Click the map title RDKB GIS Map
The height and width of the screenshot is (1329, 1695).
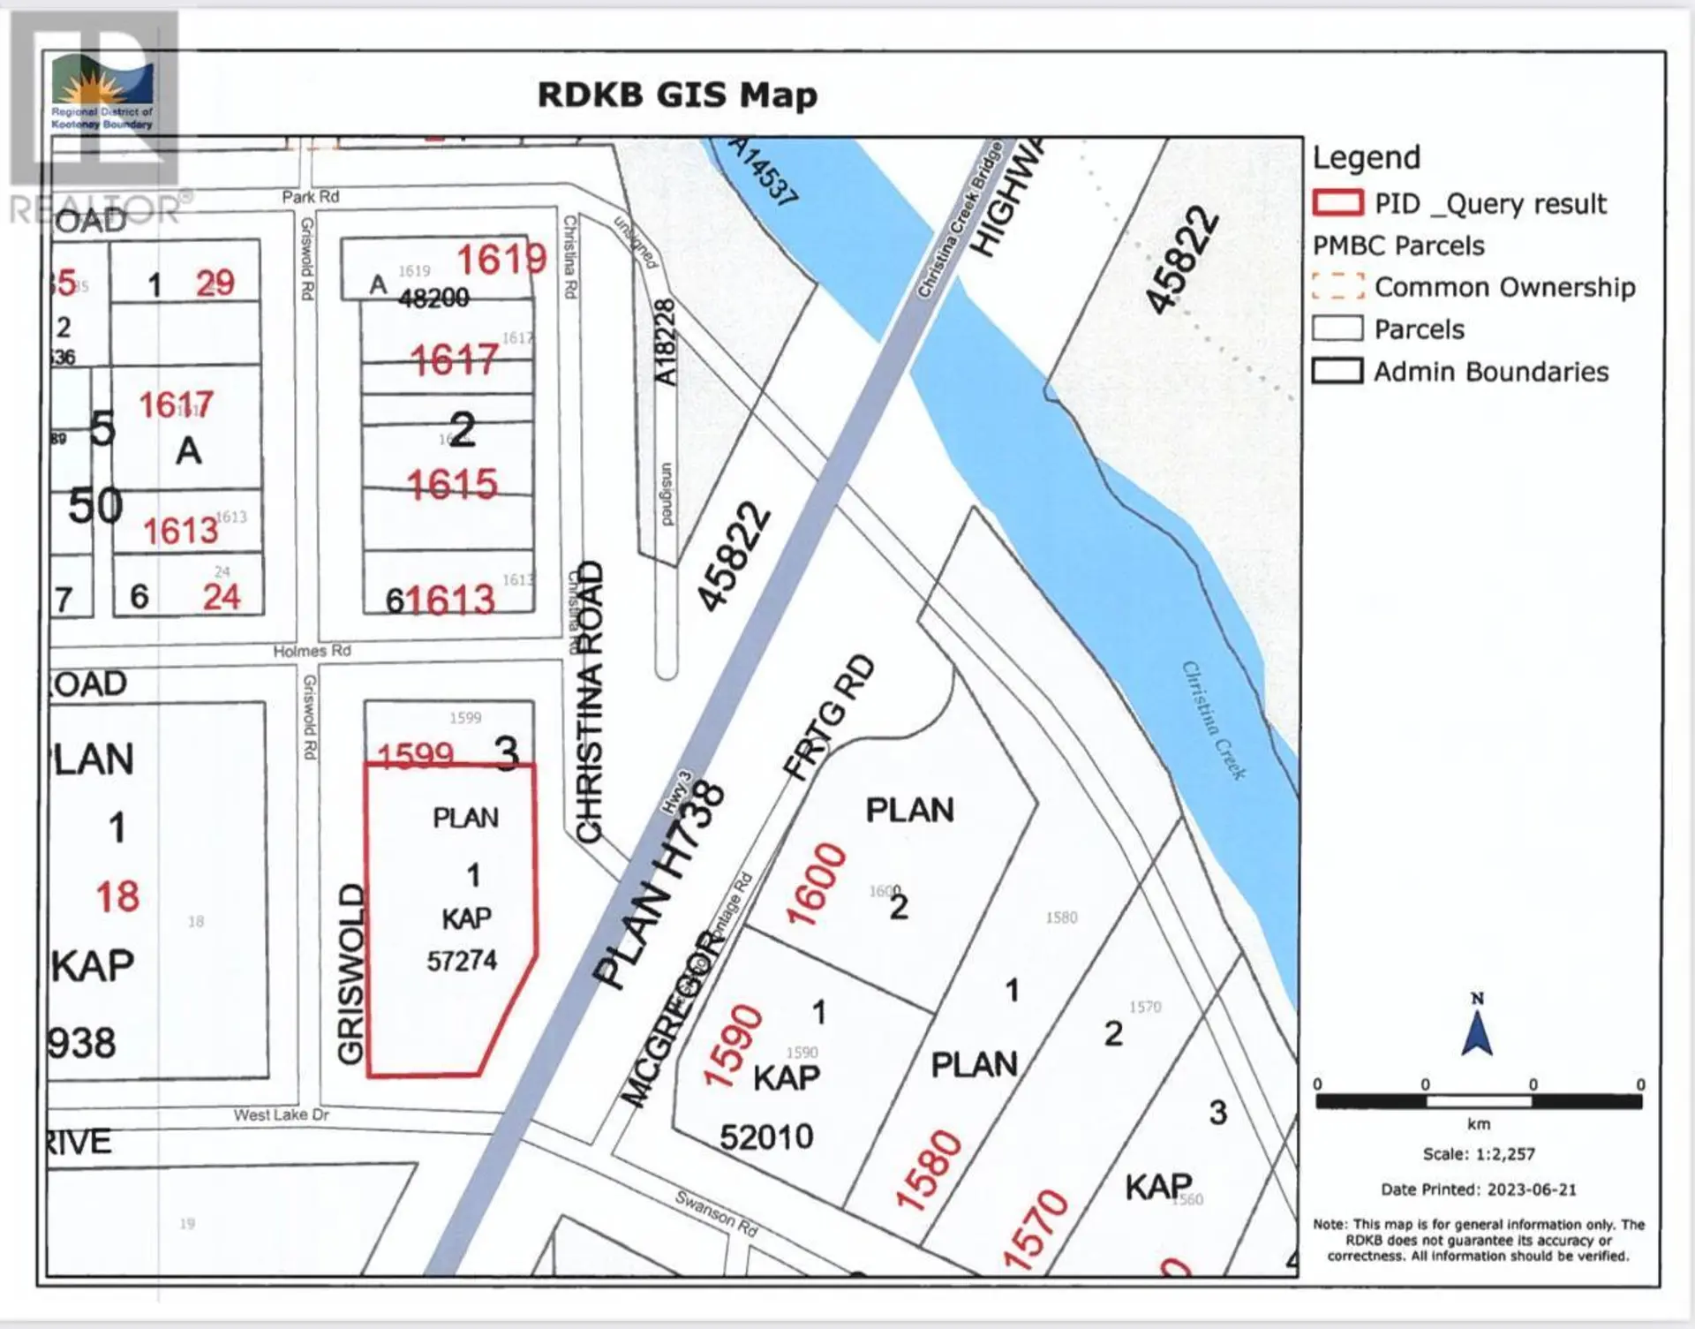677,95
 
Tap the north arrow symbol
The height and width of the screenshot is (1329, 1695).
1477,1026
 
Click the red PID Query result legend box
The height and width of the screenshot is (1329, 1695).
1337,203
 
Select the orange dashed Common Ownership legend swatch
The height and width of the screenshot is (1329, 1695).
1337,287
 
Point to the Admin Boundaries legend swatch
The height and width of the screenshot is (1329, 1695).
1337,371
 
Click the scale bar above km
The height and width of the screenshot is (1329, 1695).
1479,1101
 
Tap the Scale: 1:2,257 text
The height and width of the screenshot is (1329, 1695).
1479,1154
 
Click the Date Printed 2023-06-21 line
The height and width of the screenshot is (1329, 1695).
1479,1189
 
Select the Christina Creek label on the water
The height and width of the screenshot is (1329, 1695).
1214,721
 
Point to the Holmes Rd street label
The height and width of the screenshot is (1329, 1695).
312,651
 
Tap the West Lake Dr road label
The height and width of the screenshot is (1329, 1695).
281,1115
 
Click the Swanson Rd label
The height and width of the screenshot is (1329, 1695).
717,1213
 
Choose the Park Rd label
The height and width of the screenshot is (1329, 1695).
310,196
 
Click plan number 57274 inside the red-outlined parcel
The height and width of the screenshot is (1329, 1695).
462,961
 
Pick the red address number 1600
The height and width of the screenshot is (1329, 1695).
816,883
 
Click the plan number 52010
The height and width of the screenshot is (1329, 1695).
766,1137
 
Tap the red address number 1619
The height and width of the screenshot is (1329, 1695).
501,260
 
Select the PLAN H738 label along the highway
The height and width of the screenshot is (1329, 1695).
658,885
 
